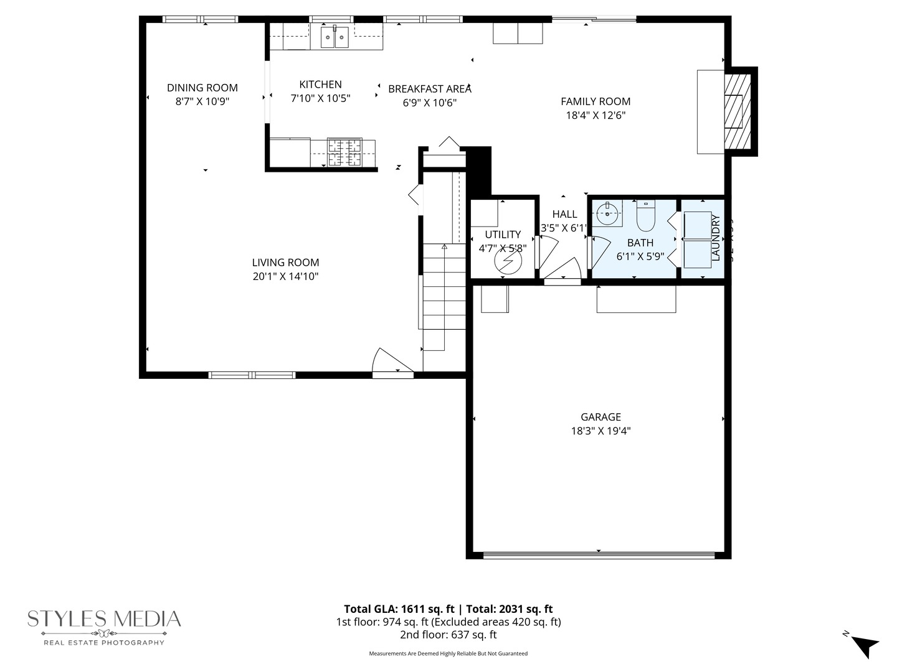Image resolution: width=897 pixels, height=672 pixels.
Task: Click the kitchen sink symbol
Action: (x=335, y=37)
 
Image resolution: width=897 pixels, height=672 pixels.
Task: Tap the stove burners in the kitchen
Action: (x=344, y=152)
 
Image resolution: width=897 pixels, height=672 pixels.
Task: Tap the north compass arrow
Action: (x=865, y=645)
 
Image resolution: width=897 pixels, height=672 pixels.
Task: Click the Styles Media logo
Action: (x=104, y=626)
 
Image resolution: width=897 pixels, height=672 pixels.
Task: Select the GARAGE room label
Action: (x=600, y=417)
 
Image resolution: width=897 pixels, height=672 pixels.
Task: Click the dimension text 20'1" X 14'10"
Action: (x=285, y=276)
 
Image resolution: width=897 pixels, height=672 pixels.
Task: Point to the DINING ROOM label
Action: (x=202, y=88)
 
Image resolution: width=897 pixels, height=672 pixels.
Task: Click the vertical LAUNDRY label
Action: (x=715, y=238)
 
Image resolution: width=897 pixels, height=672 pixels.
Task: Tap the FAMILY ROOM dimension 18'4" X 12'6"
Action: (x=596, y=115)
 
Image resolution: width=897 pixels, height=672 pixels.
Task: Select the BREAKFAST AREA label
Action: (x=429, y=89)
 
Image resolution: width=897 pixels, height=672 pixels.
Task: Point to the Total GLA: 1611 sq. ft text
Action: (x=398, y=609)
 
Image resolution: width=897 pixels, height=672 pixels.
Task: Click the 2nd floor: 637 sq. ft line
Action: (x=448, y=635)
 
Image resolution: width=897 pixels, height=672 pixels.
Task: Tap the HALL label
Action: (x=564, y=215)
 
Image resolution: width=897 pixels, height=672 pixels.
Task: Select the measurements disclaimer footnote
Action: (x=448, y=653)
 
